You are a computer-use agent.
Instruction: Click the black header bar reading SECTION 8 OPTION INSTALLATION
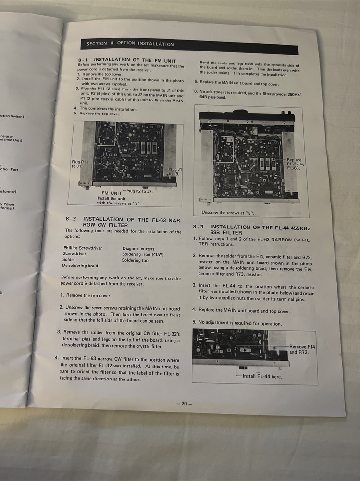(x=187, y=45)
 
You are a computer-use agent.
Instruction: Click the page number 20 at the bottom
(x=184, y=404)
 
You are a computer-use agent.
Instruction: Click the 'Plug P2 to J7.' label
(x=139, y=191)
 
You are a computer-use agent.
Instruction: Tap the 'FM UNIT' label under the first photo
(x=109, y=193)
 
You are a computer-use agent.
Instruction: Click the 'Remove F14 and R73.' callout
(x=302, y=349)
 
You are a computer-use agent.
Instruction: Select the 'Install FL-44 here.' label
(x=262, y=376)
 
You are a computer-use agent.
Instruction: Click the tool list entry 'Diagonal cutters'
(x=138, y=249)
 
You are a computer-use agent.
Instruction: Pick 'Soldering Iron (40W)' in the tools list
(x=142, y=254)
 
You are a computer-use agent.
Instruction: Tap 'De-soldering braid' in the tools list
(x=80, y=266)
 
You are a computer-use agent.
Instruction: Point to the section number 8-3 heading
(x=199, y=227)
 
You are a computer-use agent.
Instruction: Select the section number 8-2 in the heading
(x=71, y=219)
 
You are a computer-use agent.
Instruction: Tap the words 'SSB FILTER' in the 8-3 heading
(x=227, y=233)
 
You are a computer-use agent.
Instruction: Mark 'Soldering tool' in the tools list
(x=136, y=260)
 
